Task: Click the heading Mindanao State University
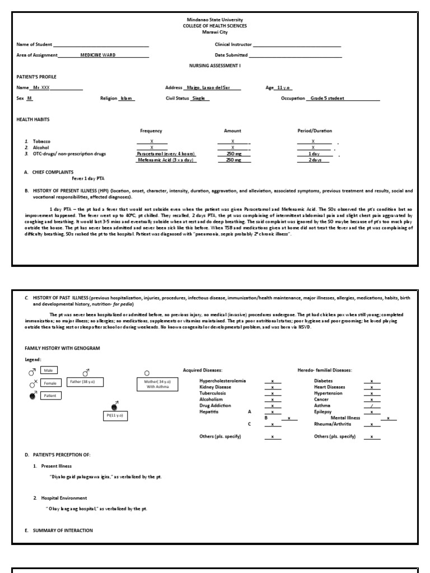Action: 216,20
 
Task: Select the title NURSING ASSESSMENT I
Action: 215,65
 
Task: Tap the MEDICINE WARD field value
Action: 98,55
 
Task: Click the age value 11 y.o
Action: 284,88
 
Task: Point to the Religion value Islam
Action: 127,98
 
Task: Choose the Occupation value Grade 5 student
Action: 328,98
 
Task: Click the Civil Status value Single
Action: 198,98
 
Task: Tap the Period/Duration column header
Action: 314,131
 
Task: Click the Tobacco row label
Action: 41,142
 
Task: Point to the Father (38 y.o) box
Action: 86,383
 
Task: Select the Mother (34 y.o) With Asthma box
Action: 157,384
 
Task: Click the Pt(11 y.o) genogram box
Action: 115,415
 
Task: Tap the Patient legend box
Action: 51,396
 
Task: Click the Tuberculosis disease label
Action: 213,393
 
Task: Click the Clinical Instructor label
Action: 233,45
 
